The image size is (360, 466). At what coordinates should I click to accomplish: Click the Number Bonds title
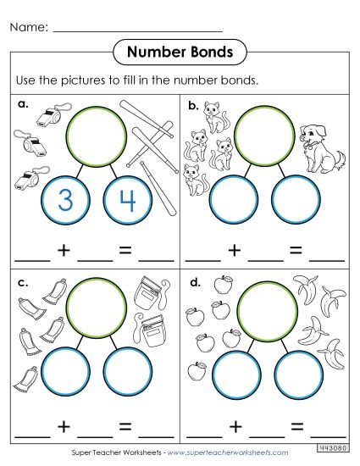pyautogui.click(x=180, y=53)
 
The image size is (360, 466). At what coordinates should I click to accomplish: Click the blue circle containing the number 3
pyautogui.click(x=64, y=200)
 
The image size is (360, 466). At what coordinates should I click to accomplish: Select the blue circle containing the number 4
pyautogui.click(x=126, y=200)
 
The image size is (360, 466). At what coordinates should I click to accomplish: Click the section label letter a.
pyautogui.click(x=21, y=104)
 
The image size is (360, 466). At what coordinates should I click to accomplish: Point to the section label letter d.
pyautogui.click(x=194, y=280)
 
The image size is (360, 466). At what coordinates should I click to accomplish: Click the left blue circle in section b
pyautogui.click(x=234, y=200)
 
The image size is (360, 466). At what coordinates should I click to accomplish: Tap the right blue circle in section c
pyautogui.click(x=126, y=373)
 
